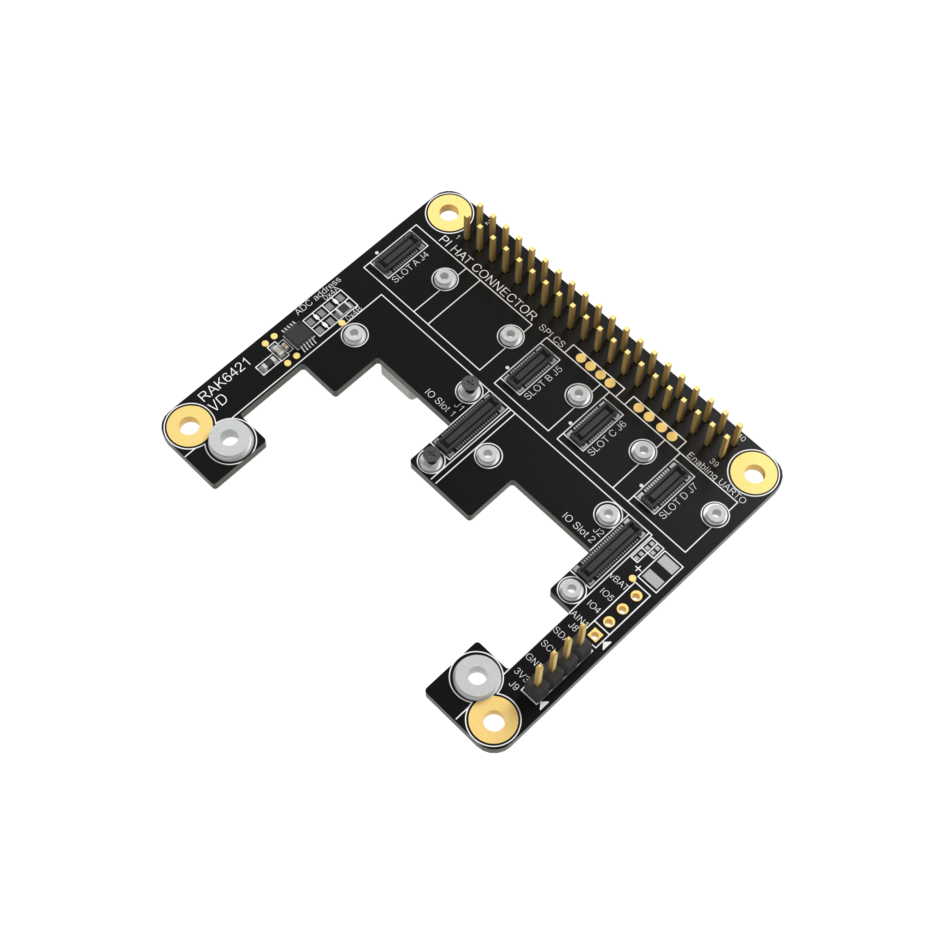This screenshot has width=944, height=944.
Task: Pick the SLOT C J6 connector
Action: [593, 425]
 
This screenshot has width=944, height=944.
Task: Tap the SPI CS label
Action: [552, 336]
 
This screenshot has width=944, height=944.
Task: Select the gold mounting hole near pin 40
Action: [754, 472]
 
